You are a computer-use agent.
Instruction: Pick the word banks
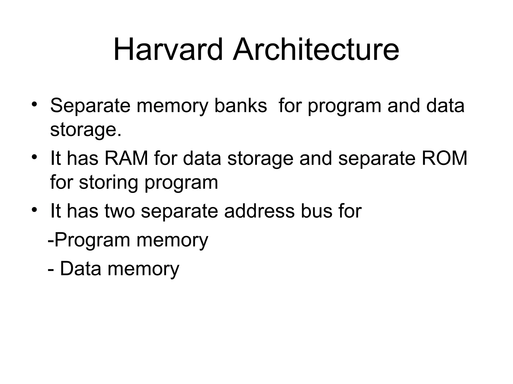240,105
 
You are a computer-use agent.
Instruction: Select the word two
120,211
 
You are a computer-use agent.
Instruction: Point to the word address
259,211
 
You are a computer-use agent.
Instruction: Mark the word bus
316,211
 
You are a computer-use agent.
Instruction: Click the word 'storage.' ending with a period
86,130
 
